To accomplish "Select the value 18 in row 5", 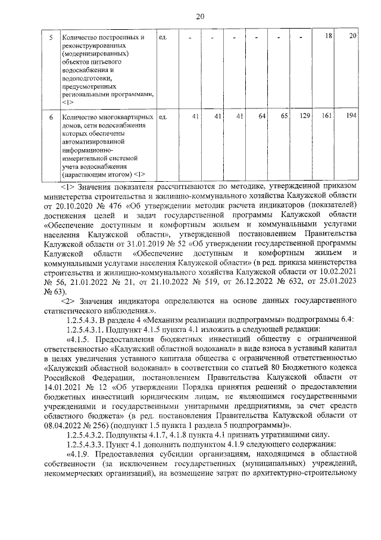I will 327,37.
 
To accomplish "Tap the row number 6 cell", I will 51,116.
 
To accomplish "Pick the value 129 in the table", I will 305,116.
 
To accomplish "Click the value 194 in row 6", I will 350,116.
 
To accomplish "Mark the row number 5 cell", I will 51,37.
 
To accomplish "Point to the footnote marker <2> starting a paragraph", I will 71,302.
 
